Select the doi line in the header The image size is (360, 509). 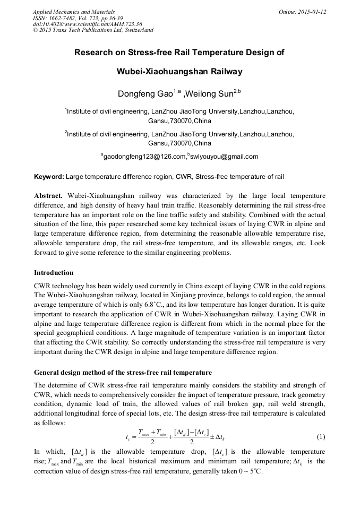(87, 24)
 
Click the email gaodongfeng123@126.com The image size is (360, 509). (144, 157)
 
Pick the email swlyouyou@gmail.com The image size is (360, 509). (224, 157)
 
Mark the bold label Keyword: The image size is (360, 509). (49, 176)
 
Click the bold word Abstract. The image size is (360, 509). (48, 196)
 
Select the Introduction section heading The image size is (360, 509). (54, 273)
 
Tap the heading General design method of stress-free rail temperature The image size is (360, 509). (123, 372)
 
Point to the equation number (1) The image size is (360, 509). (321, 437)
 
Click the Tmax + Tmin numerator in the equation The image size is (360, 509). (152, 432)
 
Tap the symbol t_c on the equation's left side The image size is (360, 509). (128, 438)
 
